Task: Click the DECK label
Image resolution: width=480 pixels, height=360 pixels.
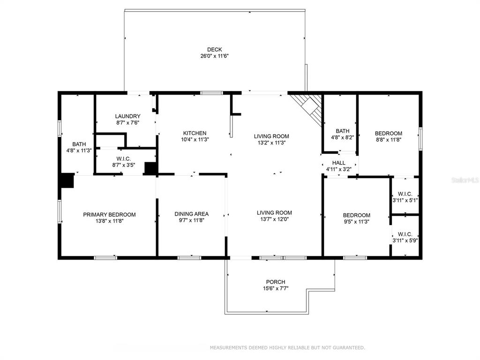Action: pyautogui.click(x=214, y=50)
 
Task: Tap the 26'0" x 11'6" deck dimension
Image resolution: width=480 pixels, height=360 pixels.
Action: pyautogui.click(x=215, y=56)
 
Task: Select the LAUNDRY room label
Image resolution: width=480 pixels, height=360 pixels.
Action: pyautogui.click(x=127, y=116)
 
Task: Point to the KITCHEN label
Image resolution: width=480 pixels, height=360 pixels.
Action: pyautogui.click(x=195, y=133)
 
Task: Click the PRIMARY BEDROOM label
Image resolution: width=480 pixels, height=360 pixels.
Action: pyautogui.click(x=109, y=215)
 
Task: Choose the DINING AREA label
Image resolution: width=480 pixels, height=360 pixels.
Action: pyautogui.click(x=192, y=214)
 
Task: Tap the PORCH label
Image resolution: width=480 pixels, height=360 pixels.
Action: pyautogui.click(x=276, y=282)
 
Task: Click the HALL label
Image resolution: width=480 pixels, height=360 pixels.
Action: pyautogui.click(x=338, y=163)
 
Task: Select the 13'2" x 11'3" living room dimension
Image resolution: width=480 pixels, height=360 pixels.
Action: pyautogui.click(x=271, y=142)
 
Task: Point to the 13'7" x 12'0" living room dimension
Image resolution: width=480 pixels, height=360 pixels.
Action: pyautogui.click(x=274, y=219)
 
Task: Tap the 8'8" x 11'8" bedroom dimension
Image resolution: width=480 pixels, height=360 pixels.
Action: pyautogui.click(x=389, y=140)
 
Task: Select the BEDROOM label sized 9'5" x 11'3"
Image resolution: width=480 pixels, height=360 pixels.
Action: pyautogui.click(x=356, y=215)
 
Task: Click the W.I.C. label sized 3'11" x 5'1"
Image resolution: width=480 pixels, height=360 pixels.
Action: pyautogui.click(x=405, y=194)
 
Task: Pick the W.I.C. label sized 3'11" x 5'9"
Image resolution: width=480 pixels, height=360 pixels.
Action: pyautogui.click(x=405, y=234)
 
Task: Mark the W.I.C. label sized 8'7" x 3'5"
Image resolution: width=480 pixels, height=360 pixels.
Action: pyautogui.click(x=123, y=159)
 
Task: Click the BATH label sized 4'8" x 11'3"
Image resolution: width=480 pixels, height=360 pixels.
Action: pyautogui.click(x=79, y=144)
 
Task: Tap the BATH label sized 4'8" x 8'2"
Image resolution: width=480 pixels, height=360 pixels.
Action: pyautogui.click(x=342, y=131)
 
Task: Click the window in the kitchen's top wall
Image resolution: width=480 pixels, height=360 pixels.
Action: pyautogui.click(x=211, y=93)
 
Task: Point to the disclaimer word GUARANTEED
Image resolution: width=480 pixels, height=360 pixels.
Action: pyautogui.click(x=348, y=348)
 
